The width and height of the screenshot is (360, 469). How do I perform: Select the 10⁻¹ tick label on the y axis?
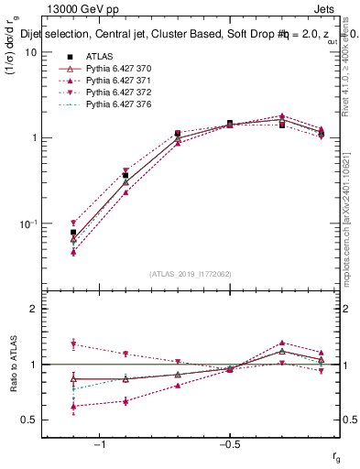pos(27,224)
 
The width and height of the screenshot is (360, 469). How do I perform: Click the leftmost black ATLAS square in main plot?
pos(73,233)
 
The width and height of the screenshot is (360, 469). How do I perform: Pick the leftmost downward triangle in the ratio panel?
pos(73,344)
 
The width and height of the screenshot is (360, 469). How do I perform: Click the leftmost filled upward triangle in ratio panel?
pos(73,406)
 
